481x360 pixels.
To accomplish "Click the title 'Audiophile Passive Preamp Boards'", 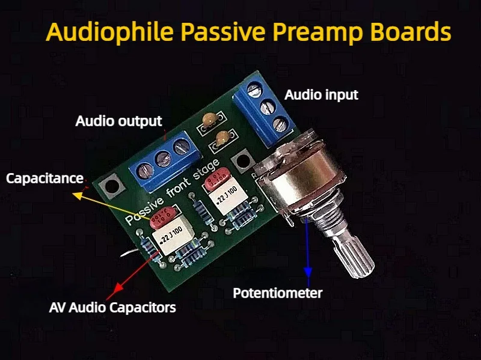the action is coord(248,31).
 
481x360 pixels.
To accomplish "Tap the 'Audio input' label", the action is coord(321,95).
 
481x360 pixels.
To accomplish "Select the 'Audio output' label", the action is coord(119,121).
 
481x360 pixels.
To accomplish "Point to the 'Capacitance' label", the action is coord(44,178).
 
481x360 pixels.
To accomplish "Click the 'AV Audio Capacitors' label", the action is coord(112,308).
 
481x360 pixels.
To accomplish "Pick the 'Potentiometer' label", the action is coord(278,293).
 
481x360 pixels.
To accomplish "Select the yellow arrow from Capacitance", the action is coord(114,205).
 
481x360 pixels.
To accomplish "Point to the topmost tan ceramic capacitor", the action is coord(210,119).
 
